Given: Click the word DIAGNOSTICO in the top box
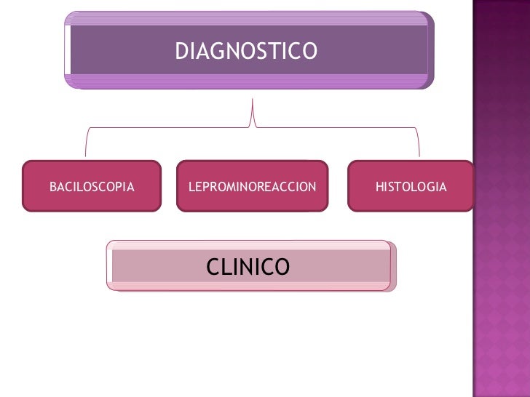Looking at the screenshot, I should [x=246, y=52].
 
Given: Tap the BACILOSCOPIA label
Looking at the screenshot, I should [x=92, y=188].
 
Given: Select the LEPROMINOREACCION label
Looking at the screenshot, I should [x=252, y=188].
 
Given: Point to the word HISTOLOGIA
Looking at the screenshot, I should [x=411, y=188].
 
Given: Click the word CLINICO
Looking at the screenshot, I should [x=248, y=268].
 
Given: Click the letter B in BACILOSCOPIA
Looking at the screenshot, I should [x=52, y=188].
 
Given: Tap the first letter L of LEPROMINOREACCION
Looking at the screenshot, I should [x=191, y=188].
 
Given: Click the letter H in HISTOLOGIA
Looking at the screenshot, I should [x=379, y=188].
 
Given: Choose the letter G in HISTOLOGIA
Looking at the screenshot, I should [x=432, y=188].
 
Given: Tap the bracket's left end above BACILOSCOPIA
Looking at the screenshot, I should [x=87, y=153].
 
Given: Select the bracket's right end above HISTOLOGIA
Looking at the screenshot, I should [x=419, y=153].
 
